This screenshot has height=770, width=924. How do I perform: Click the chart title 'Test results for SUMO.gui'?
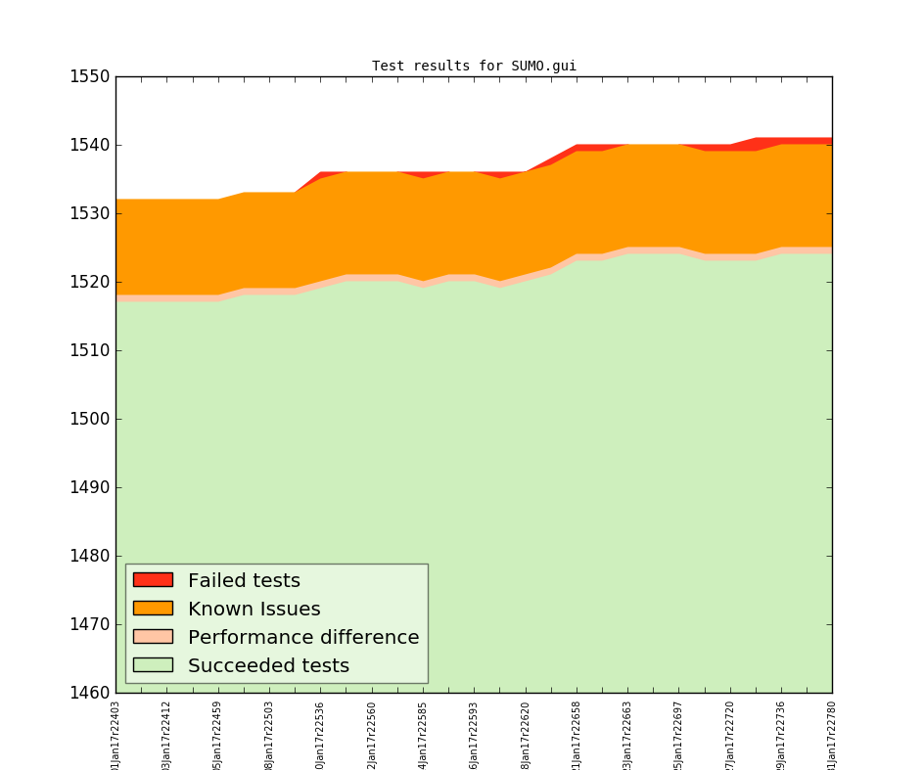[474, 67]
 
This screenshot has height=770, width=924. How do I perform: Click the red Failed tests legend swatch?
[153, 580]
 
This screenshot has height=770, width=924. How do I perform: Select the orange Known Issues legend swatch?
[153, 609]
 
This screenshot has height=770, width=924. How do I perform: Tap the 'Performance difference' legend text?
[303, 638]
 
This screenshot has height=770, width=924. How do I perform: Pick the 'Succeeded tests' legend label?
[268, 666]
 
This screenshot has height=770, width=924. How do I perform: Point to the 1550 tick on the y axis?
[88, 76]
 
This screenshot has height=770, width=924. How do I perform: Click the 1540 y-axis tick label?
[88, 145]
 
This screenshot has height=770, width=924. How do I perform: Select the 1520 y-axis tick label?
[88, 282]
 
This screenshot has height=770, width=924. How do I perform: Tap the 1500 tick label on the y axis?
[88, 419]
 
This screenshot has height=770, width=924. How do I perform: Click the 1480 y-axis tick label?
[88, 556]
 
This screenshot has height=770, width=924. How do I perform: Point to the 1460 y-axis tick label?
[88, 693]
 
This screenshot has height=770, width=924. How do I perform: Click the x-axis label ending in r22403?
[116, 734]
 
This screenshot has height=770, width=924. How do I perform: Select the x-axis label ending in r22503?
[270, 734]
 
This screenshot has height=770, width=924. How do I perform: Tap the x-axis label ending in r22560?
[372, 734]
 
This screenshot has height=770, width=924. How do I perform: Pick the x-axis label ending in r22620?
[526, 734]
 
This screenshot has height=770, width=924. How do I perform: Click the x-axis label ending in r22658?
[577, 734]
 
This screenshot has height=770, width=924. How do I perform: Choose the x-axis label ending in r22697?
[679, 734]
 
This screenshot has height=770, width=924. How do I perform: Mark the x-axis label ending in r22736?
[781, 734]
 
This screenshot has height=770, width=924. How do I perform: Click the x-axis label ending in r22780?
[832, 734]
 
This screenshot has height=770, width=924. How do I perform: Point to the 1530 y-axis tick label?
[88, 213]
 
